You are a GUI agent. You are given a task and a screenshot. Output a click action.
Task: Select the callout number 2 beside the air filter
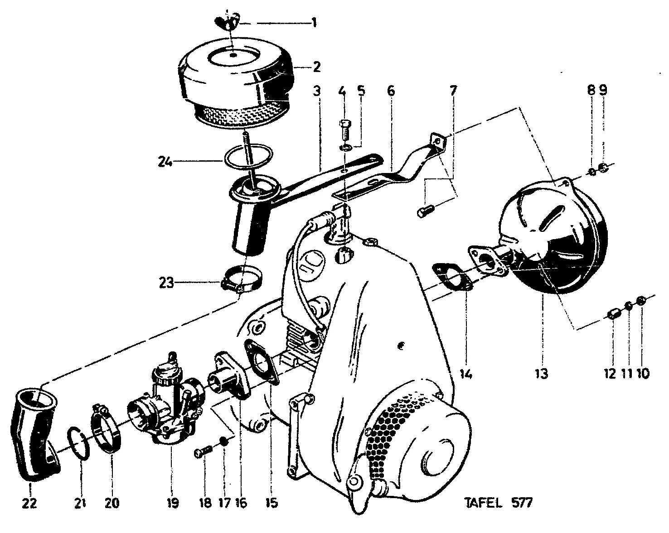(316, 67)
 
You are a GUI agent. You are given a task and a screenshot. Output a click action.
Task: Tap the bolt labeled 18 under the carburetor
(204, 451)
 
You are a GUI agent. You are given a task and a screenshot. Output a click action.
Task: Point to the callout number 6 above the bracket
(391, 91)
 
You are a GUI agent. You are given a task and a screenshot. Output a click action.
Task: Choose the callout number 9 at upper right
(603, 91)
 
